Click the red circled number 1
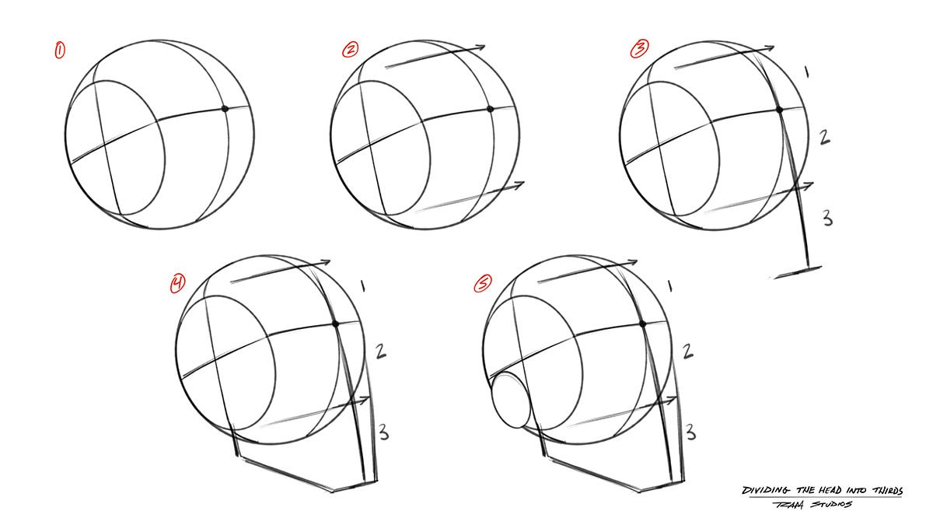59,51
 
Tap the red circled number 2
351,51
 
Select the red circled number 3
638,51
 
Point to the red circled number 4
178,284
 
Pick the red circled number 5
482,285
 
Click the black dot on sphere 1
225,109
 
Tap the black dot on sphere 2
491,110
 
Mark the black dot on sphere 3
779,110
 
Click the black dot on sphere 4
336,324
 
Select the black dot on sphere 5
641,323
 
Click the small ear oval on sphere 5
509,401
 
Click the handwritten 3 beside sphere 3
827,217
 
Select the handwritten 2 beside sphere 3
825,138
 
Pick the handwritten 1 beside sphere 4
364,287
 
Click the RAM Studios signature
820,505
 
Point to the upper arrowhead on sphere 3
769,48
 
